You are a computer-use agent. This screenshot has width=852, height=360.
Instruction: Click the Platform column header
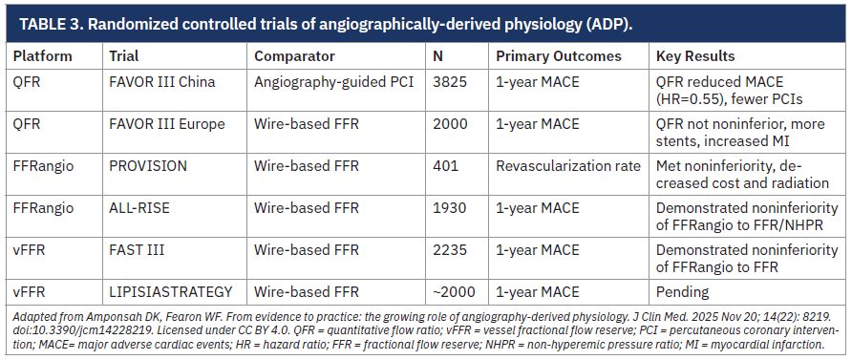click(42, 56)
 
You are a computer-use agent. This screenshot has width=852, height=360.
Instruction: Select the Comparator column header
click(294, 56)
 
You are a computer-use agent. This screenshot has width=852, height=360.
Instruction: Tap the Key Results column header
click(695, 56)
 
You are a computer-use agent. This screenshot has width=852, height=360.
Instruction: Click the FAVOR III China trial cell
click(162, 82)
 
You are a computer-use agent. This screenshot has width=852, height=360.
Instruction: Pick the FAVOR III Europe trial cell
click(167, 124)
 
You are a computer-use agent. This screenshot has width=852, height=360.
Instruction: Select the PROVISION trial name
click(148, 165)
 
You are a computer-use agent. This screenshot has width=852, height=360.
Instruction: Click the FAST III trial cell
click(137, 250)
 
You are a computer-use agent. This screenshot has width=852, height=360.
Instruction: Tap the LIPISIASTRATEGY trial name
click(171, 291)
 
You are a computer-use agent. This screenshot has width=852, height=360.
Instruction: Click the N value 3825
click(450, 82)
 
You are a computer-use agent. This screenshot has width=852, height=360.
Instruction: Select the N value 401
click(445, 165)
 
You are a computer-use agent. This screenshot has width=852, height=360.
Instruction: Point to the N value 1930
click(450, 208)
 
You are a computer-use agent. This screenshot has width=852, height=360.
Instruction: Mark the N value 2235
click(450, 250)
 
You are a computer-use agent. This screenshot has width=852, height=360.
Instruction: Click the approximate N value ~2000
click(454, 291)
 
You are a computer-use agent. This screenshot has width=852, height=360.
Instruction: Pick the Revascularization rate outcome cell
click(568, 165)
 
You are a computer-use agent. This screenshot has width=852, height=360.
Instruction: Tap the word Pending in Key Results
click(683, 292)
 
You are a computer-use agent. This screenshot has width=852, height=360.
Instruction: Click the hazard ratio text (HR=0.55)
click(689, 98)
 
